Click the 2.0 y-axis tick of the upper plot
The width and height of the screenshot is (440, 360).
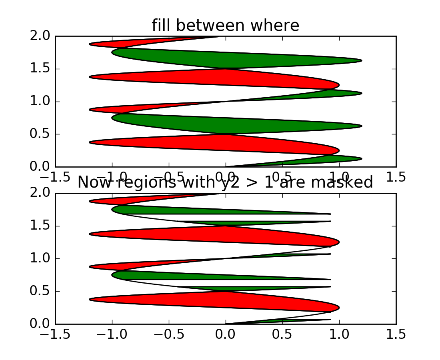(x=40, y=36)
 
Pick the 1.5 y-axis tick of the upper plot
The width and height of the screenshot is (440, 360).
(x=40, y=69)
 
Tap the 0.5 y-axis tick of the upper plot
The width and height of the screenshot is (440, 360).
(x=40, y=134)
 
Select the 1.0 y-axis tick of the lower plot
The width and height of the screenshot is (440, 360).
(x=40, y=258)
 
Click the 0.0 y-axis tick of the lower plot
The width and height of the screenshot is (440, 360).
(x=40, y=324)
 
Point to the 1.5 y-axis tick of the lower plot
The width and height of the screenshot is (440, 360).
(x=40, y=226)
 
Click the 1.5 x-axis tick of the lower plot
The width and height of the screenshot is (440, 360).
(x=396, y=334)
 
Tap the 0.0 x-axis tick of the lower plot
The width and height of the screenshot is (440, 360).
(x=226, y=334)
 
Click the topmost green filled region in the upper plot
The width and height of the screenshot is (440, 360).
(x=240, y=58)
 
